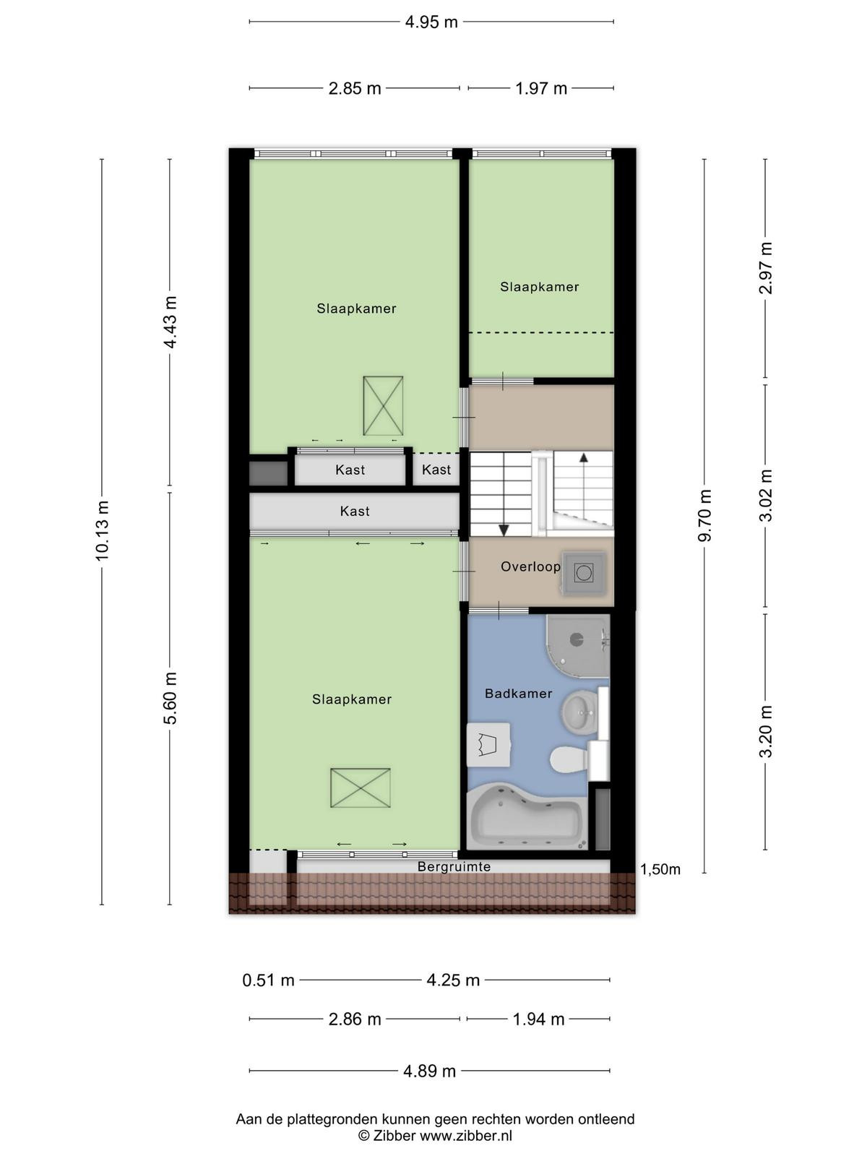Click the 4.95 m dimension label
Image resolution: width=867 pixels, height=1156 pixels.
tap(431, 22)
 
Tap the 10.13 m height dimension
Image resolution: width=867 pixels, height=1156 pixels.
tap(102, 530)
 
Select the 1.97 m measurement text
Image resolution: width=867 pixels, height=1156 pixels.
tap(540, 88)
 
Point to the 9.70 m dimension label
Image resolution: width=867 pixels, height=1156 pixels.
tap(705, 515)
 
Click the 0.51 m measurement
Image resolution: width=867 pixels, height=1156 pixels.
tap(268, 980)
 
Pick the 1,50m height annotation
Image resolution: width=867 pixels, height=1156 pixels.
tap(660, 869)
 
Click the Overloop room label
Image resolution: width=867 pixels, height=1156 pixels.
tap(530, 566)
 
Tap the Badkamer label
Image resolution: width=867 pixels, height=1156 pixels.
tap(519, 694)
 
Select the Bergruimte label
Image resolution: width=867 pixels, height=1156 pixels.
tap(454, 866)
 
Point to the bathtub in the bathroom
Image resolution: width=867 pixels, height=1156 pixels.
tap(527, 818)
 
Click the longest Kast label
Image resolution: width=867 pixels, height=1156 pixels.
tap(355, 512)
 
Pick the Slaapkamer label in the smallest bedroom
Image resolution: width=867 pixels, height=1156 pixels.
tap(539, 287)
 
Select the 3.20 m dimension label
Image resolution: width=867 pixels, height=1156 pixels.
tap(765, 732)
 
